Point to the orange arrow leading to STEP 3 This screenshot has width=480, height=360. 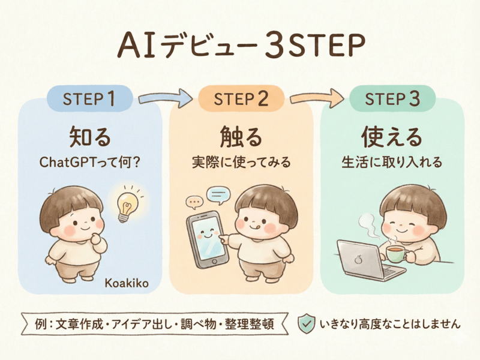coord(317,97)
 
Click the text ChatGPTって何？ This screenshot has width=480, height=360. coord(90,162)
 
